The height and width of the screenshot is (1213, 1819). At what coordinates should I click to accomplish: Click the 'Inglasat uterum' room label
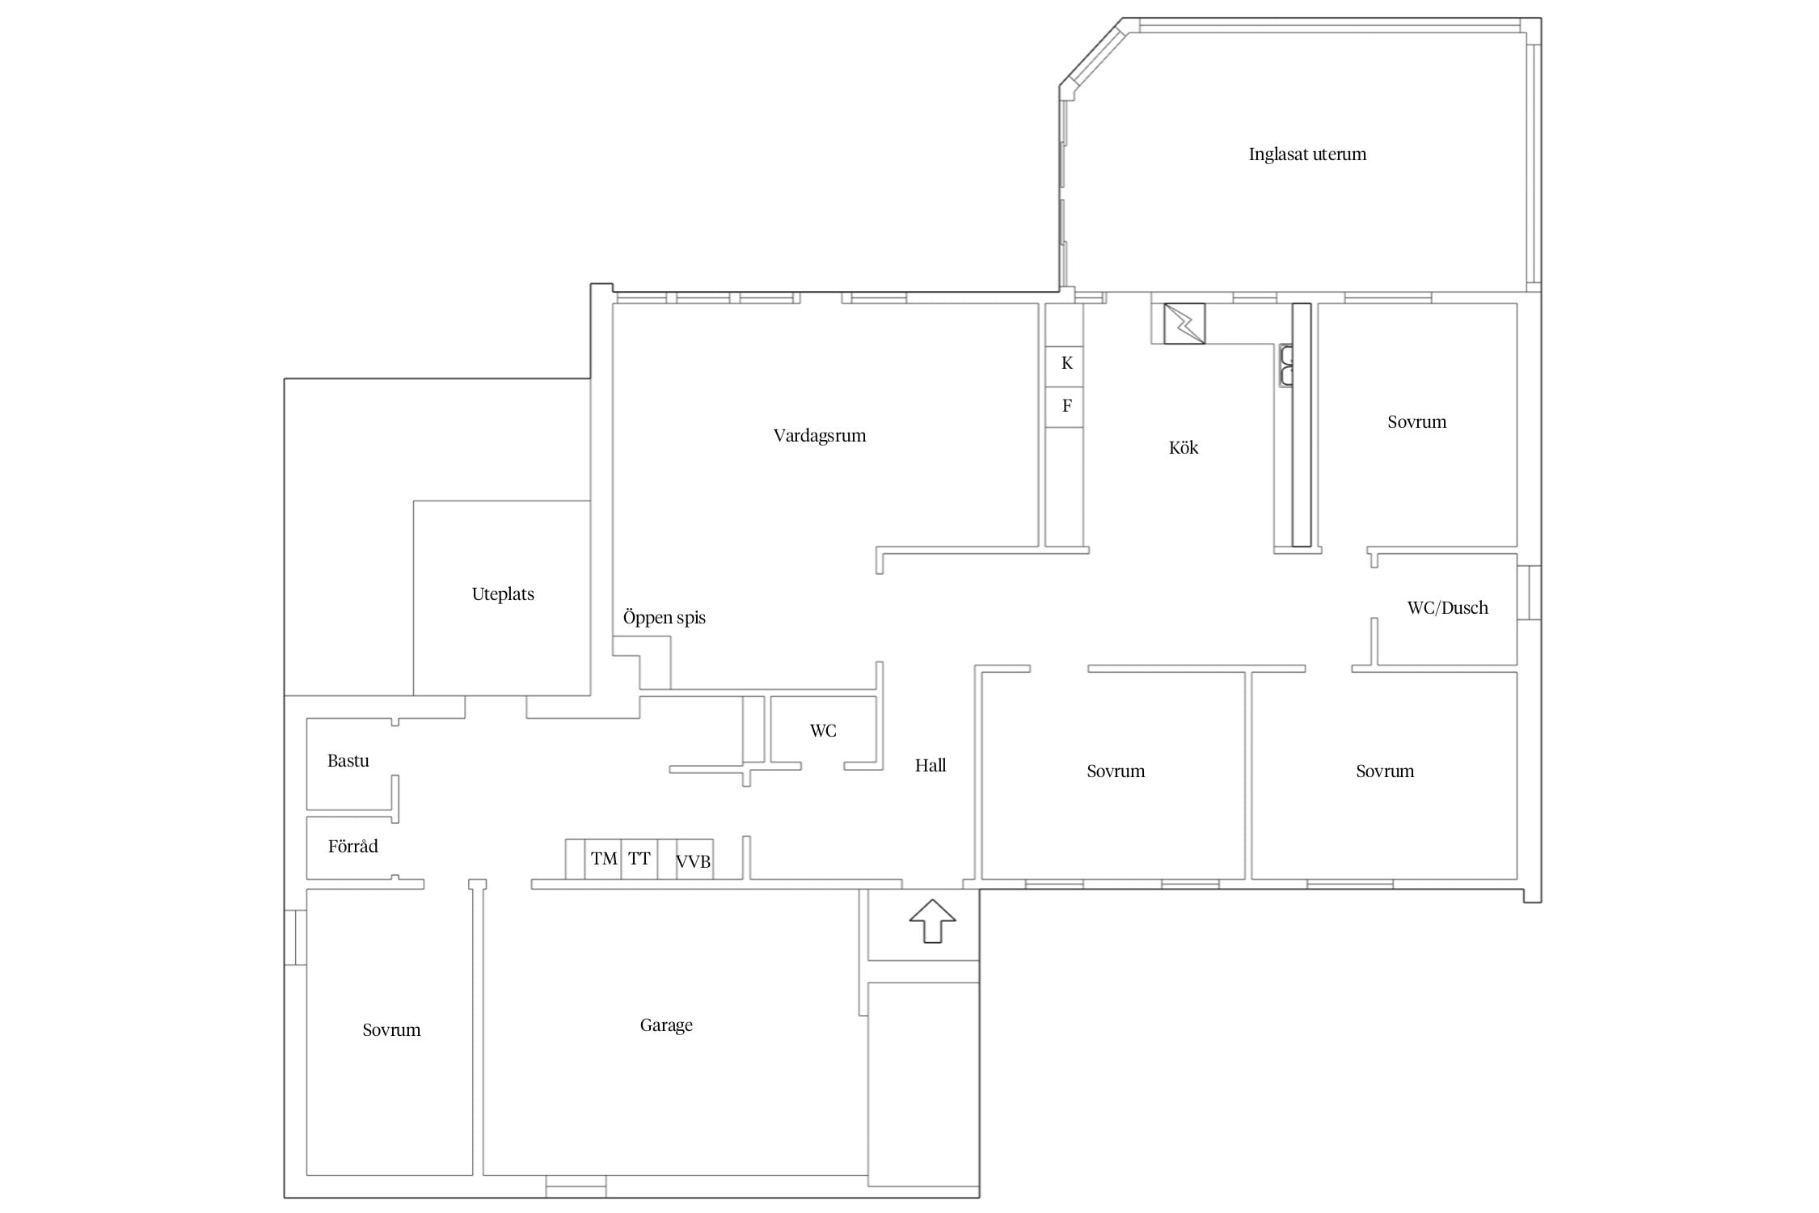coord(1307,154)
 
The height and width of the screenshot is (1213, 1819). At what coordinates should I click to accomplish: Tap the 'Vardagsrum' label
coord(820,436)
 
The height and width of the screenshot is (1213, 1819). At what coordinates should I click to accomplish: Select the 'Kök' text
coord(1184,447)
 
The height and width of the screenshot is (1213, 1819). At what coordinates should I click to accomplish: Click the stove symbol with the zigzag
coord(1184,323)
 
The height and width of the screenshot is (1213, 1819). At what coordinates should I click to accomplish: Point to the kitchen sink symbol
coord(1285,365)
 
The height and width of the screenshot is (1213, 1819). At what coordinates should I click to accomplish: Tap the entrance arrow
coord(932,920)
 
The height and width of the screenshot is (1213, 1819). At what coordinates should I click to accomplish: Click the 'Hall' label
coord(931,766)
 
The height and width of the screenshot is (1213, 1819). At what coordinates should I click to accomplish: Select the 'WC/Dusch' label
coord(1447,608)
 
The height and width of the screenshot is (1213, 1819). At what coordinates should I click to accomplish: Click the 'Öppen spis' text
coord(664,618)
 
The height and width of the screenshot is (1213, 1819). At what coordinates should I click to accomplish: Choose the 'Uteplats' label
coord(503,594)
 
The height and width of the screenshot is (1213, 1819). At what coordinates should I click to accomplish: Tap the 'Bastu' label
coord(348,761)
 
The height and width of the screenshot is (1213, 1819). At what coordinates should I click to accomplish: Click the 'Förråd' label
coord(352,847)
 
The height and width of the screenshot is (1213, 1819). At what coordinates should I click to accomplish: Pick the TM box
coord(603,859)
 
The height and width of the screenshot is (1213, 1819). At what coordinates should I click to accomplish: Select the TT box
coord(639,859)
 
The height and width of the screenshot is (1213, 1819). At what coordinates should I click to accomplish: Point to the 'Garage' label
coord(666,1025)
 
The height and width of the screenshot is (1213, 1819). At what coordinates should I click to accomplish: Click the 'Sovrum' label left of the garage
coord(391,1030)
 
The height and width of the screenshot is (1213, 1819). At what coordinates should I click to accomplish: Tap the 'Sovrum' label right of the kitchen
coord(1416,422)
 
